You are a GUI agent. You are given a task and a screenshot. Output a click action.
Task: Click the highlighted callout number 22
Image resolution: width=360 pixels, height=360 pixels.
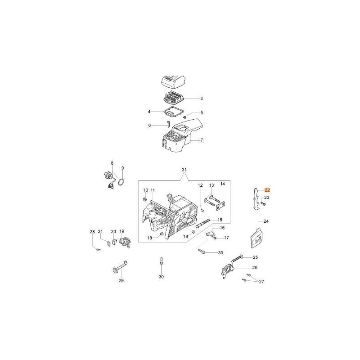267,190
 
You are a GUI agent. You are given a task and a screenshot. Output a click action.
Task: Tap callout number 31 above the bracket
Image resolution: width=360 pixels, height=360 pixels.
184,170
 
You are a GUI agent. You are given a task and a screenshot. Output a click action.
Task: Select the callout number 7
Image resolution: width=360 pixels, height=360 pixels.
202,140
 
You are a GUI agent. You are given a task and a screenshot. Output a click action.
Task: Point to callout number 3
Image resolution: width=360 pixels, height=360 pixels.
202,99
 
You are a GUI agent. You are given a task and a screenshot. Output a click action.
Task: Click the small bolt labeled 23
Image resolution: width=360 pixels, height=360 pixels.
263,204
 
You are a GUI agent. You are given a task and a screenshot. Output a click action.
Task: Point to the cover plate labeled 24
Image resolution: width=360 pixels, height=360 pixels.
256,238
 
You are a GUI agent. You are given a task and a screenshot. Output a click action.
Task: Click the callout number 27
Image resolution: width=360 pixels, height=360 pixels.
261,282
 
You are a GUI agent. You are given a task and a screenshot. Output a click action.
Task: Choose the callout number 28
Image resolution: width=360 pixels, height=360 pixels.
92,232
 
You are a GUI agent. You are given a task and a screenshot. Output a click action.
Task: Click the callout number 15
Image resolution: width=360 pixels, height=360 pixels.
220,220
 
